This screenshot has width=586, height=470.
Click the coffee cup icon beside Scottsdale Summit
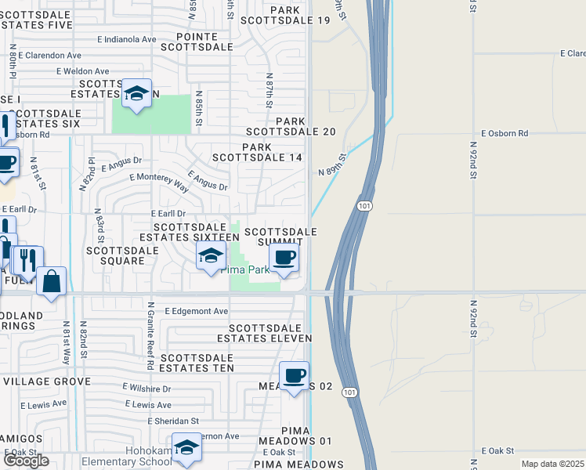(284, 257)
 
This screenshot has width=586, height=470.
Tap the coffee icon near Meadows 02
(295, 376)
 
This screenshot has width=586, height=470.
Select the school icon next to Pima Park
(210, 256)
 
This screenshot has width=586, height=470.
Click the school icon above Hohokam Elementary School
(187, 447)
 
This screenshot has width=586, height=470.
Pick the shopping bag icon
(52, 281)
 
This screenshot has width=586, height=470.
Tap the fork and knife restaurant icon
(28, 261)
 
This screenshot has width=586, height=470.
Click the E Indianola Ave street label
(127, 39)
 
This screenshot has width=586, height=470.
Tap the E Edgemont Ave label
(196, 311)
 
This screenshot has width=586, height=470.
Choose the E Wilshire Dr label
(146, 389)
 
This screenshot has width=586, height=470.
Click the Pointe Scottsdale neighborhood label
(197, 42)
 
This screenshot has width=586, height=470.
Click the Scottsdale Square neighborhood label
(116, 255)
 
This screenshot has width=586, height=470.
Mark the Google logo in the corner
(26, 461)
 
